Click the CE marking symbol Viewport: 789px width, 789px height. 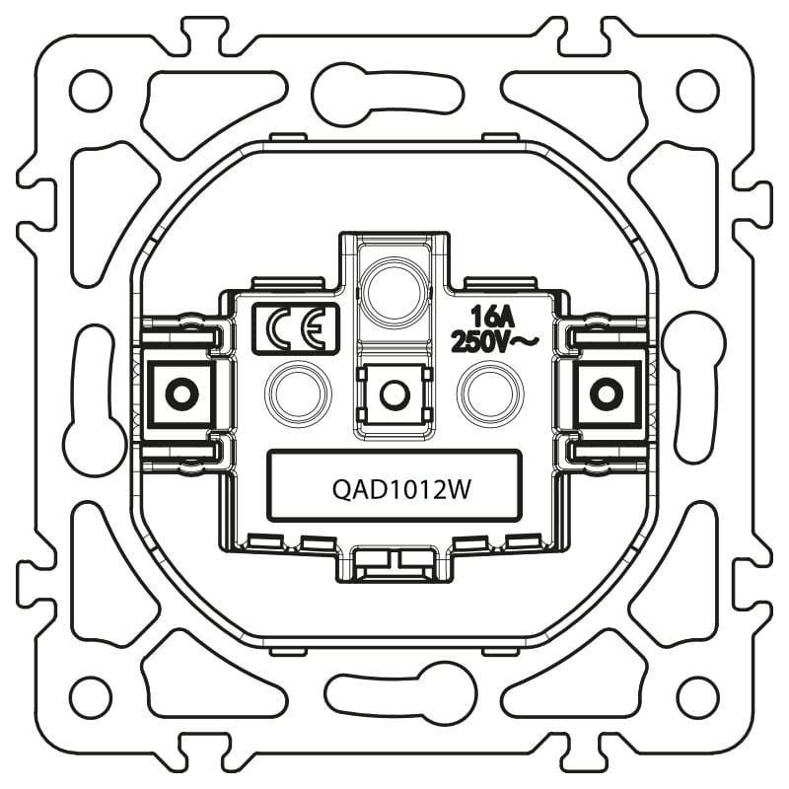[296, 329]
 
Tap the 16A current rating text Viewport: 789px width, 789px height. [492, 318]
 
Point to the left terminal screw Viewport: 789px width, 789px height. [181, 394]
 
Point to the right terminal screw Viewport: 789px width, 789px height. [607, 394]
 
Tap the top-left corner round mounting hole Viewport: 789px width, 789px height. [91, 91]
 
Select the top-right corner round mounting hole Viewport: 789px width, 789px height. [697, 91]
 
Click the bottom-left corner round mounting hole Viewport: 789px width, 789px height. [91, 697]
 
